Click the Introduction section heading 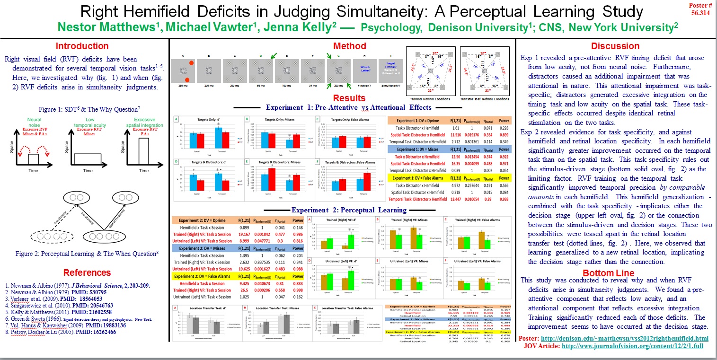pos(82,46)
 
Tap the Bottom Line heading pos(615,273)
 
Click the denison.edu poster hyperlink pos(624,339)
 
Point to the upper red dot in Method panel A pos(192,63)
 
